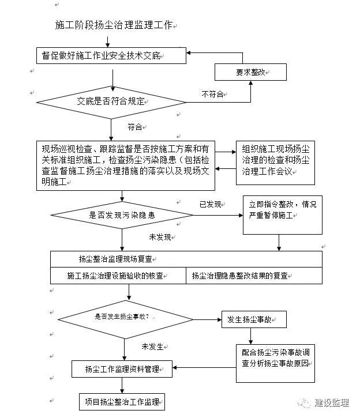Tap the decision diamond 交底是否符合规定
(x=111, y=101)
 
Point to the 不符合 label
(x=212, y=94)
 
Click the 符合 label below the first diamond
(x=135, y=126)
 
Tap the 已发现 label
(x=211, y=204)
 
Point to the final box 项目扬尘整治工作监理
(x=122, y=401)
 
